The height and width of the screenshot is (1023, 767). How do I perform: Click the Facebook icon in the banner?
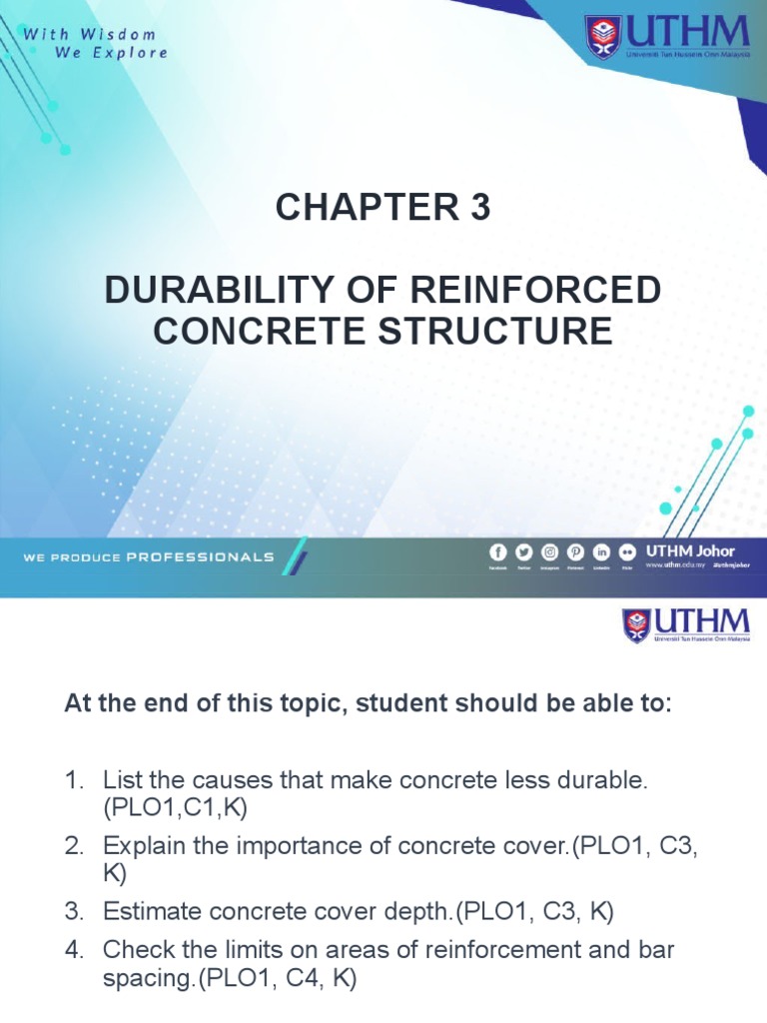(497, 552)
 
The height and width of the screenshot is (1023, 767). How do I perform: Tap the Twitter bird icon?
(523, 552)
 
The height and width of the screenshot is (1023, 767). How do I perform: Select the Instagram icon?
(549, 552)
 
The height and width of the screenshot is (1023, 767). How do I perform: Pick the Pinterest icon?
(575, 552)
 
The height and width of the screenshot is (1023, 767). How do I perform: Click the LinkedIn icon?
(601, 552)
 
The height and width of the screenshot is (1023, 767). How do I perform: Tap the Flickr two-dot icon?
(626, 552)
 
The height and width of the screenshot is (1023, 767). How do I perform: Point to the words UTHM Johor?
(691, 550)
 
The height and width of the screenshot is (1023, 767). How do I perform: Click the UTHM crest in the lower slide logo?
(637, 625)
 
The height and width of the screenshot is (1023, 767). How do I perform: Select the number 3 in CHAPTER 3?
(480, 208)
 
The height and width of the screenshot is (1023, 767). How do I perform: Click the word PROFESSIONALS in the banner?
(201, 557)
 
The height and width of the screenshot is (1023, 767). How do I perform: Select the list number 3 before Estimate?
(72, 911)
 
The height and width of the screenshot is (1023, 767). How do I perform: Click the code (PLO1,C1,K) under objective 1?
(175, 809)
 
